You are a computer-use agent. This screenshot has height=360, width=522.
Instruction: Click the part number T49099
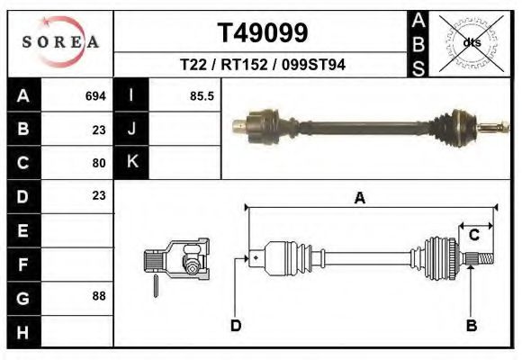point(263,33)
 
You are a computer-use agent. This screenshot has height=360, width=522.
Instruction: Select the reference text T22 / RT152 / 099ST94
point(262,65)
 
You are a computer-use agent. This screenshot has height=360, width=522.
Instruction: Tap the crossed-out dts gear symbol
point(471,41)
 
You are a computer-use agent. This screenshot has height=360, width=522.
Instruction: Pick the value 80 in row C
point(99,163)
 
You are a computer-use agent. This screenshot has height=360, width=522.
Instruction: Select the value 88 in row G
point(99,296)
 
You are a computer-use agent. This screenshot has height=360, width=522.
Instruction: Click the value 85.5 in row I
point(202,95)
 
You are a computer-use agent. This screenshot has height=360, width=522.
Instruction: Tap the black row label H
point(22,330)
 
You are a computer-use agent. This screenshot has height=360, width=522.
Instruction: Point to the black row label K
point(131,162)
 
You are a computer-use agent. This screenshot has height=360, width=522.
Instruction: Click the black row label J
point(131,129)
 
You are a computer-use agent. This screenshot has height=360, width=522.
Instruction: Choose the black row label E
point(22,229)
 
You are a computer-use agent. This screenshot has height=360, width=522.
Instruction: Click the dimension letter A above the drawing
point(359,199)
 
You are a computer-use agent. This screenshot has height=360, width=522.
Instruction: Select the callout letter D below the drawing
point(236,325)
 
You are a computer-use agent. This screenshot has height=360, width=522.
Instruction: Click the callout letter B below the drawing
point(471,325)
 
